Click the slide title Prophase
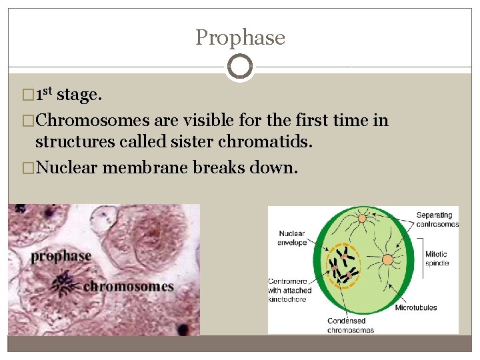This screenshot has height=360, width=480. coord(240,37)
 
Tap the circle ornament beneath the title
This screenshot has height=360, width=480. coord(240,67)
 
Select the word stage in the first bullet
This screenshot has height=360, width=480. coord(79,96)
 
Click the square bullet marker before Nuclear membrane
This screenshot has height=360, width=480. coord(27,167)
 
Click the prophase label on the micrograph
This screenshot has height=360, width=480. coord(61,255)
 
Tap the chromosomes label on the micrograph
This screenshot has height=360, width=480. coord(128,287)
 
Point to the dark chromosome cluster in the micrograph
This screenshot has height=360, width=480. coord(65,283)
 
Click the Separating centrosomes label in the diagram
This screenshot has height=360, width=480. coord(437,219)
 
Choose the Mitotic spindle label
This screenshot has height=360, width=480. coord(437,258)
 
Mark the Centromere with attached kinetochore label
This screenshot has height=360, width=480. coord(290,291)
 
